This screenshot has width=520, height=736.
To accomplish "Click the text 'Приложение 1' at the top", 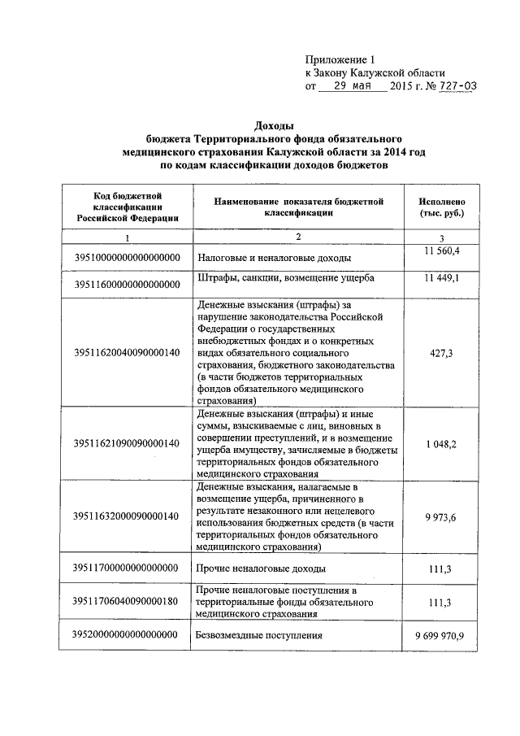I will click(x=340, y=59).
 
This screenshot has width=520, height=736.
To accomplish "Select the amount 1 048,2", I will click(x=441, y=443).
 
